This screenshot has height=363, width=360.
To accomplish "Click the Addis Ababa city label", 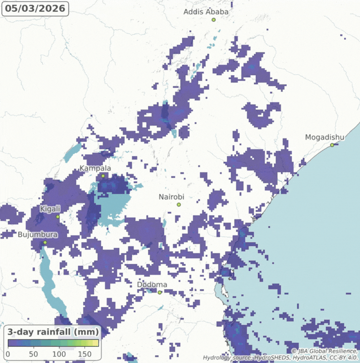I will pyautogui.click(x=206, y=12).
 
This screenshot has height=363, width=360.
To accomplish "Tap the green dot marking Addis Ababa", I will pyautogui.click(x=213, y=20).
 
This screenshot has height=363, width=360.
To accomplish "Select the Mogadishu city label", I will pyautogui.click(x=325, y=137).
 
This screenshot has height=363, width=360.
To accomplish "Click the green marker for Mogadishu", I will pyautogui.click(x=332, y=145).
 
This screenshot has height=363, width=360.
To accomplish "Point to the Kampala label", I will pyautogui.click(x=95, y=168).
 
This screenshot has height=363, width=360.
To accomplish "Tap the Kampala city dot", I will pyautogui.click(x=103, y=176).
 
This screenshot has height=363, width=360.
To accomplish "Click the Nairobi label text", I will pyautogui.click(x=171, y=197).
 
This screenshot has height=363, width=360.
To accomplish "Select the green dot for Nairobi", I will pyautogui.click(x=178, y=204).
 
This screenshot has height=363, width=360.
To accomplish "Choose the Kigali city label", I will pyautogui.click(x=50, y=209).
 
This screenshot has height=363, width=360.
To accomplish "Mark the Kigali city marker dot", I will pyautogui.click(x=58, y=217).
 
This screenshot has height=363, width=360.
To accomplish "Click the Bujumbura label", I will pyautogui.click(x=37, y=235).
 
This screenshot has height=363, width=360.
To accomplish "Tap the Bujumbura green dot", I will pyautogui.click(x=45, y=243).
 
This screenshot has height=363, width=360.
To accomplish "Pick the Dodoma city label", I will pyautogui.click(x=152, y=285).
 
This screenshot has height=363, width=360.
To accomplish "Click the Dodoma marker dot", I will pyautogui.click(x=159, y=293).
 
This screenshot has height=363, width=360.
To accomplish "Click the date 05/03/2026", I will pyautogui.click(x=35, y=9).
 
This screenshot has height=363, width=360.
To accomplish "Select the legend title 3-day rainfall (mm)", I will pyautogui.click(x=53, y=332).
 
